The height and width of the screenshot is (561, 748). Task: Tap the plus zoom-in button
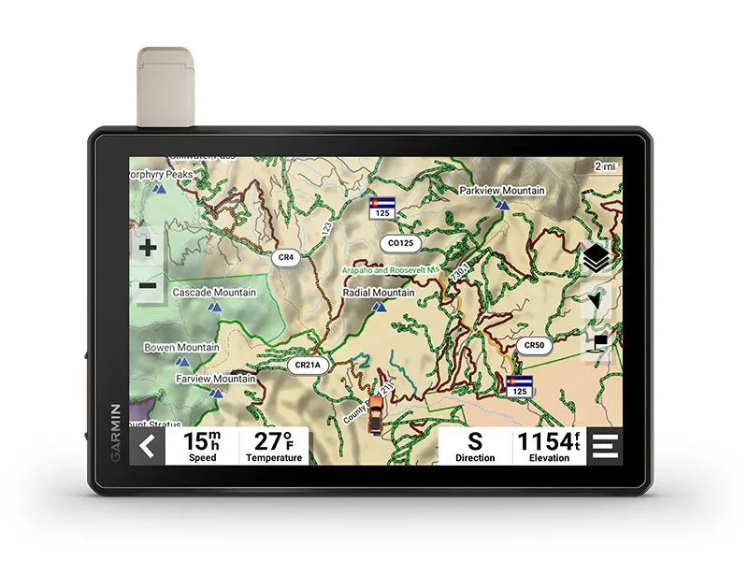coord(148,248)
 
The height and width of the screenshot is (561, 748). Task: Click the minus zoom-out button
coord(148,286)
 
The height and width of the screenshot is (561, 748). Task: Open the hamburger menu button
coord(605,447)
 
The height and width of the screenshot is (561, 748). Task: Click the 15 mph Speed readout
coord(202,447)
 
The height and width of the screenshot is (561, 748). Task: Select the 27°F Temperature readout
coord(274,447)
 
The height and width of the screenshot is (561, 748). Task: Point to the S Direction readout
coord(475,447)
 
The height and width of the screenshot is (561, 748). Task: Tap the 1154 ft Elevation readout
coord(549,447)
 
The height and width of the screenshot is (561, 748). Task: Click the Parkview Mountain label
coord(501,191)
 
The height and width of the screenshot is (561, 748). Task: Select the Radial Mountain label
coord(378,293)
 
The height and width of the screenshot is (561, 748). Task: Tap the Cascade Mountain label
coord(213,293)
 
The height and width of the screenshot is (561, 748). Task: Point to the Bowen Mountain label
coord(181,347)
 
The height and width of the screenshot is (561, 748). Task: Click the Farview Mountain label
coord(215,379)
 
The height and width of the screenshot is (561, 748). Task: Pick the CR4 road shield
coord(285,256)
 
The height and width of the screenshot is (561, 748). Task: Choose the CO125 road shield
coord(400,243)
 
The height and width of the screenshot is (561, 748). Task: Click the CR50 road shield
coord(533,345)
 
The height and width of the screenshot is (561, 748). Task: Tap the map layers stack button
coord(596,257)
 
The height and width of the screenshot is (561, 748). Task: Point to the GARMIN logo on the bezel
coord(117,432)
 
